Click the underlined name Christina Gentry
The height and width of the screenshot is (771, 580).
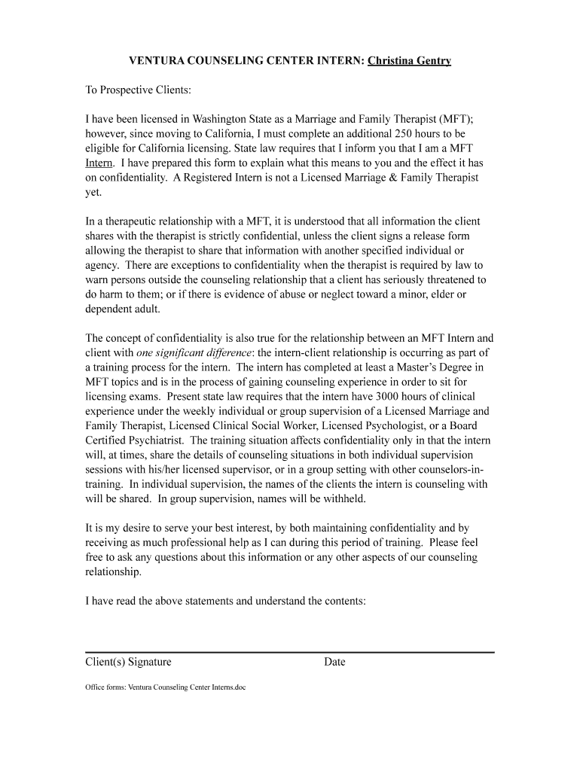[409, 60]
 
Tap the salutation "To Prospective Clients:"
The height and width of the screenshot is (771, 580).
[139, 90]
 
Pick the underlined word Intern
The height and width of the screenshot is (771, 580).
[99, 163]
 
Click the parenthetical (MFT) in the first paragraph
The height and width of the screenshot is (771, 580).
[455, 119]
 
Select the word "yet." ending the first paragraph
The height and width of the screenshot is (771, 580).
[93, 192]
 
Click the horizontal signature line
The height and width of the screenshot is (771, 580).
[289, 652]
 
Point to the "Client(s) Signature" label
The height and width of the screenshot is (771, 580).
[128, 663]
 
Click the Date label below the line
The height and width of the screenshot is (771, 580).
[334, 663]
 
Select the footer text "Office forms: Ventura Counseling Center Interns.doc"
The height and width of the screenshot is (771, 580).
[165, 687]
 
